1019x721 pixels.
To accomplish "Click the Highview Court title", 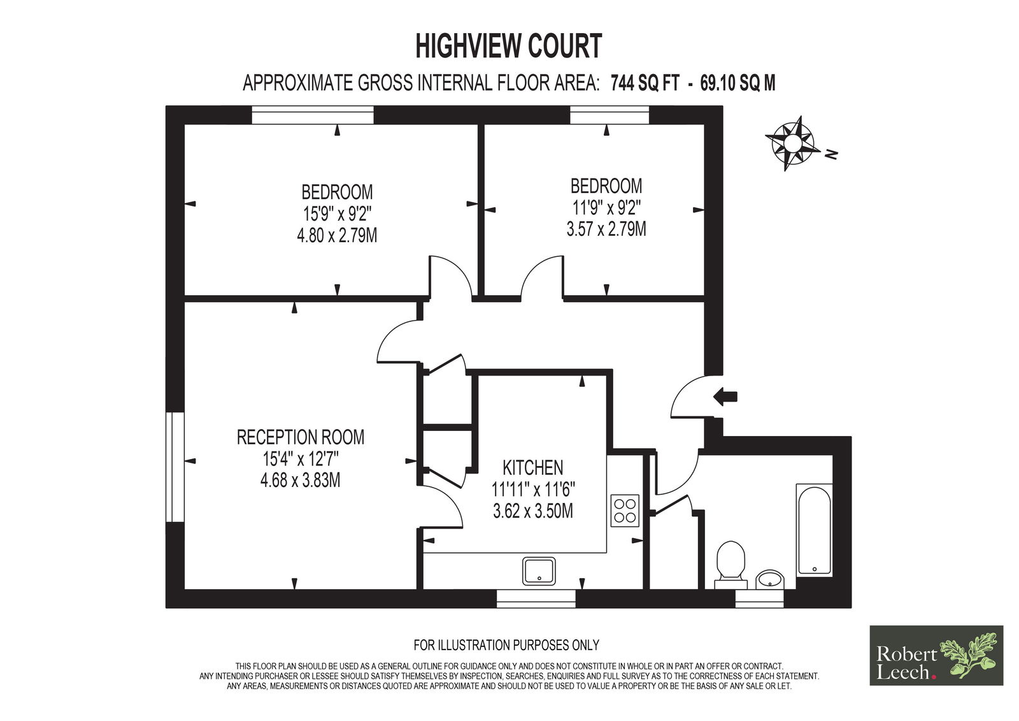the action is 509,46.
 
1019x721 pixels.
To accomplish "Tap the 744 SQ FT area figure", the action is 645,84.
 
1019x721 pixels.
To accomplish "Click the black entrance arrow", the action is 725,397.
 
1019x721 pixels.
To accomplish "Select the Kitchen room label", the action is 532,468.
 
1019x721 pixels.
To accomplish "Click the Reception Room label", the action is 301,437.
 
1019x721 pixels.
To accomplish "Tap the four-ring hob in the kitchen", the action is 625,511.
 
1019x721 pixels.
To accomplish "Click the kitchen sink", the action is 539,571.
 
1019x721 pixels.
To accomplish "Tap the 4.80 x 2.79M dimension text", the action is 337,236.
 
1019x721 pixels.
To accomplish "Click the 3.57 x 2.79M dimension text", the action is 606,229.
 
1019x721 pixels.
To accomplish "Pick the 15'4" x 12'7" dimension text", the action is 301,459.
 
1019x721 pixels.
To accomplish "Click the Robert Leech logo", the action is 936,655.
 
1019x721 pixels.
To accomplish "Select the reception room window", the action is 175,467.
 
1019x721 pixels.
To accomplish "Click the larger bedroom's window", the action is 313,115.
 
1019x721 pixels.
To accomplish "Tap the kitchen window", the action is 536,599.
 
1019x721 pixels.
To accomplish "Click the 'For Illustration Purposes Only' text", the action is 506,645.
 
